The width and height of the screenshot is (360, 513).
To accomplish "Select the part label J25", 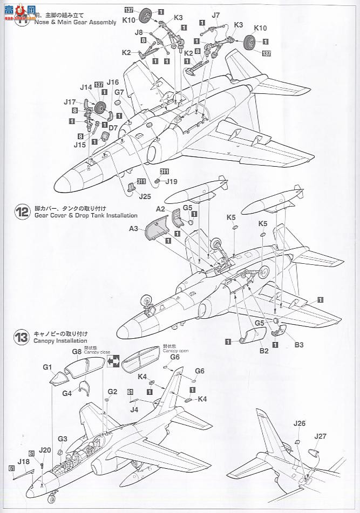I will tap(145, 196).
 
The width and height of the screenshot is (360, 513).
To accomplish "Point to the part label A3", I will tap(134, 229).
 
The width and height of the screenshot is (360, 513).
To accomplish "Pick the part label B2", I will tap(263, 351).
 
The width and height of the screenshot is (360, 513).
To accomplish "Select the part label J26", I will tap(300, 423).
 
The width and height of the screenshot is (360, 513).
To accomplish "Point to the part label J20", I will tap(45, 449).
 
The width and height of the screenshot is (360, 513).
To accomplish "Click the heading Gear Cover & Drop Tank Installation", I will tap(85, 215).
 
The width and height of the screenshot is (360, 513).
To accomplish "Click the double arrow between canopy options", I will tap(113, 362).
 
